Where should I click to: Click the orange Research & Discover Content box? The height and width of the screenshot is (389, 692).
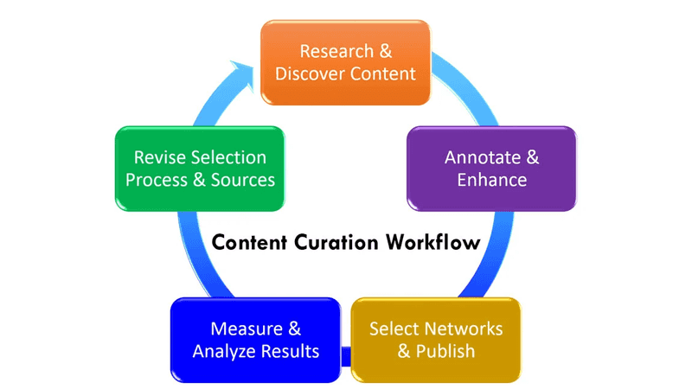[346, 62]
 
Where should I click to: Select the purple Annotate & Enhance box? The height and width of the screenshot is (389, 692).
[491, 169]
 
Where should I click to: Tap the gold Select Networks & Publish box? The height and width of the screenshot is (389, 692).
[436, 340]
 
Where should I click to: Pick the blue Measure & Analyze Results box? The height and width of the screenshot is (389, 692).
[256, 340]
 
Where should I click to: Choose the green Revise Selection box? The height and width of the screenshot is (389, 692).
[200, 169]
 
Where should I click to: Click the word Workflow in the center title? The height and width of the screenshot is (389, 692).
[432, 241]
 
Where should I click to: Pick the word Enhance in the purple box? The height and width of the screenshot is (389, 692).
[491, 180]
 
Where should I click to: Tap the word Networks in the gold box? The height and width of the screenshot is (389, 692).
[460, 328]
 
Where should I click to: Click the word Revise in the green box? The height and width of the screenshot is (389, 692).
[157, 157]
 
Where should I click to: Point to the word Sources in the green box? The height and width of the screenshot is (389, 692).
[244, 180]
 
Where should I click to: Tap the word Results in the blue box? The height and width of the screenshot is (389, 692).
[291, 351]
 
